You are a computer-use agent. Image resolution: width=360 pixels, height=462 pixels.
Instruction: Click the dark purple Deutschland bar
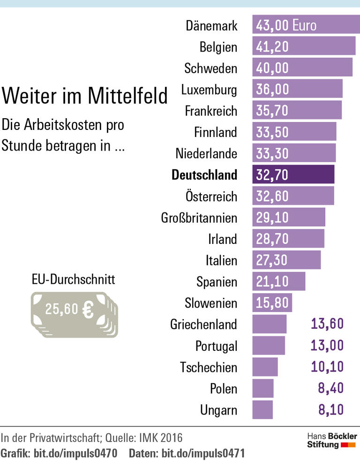coord(293,174)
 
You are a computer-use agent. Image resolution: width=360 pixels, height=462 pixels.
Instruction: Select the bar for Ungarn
coord(262,410)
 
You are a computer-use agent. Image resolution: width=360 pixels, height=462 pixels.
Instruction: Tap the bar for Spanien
coord(279,281)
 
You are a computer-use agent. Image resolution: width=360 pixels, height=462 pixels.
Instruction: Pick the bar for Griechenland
coord(270,324)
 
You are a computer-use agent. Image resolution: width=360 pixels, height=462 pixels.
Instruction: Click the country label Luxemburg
coord(209,89)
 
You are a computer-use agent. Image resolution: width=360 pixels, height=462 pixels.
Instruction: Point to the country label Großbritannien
coord(199,218)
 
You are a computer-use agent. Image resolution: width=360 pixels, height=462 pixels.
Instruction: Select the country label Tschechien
coord(209,367)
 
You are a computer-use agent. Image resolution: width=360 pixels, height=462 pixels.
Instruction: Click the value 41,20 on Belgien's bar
coord(272,46)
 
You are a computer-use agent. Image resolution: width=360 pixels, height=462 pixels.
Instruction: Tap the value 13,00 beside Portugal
coord(327,346)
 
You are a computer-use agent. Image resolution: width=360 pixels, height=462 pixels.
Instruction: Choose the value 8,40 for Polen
coord(331,388)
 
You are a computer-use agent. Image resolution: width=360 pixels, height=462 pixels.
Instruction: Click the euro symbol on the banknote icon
coord(88,309)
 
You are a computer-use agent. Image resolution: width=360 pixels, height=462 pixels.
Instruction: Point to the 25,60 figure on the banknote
coord(61,309)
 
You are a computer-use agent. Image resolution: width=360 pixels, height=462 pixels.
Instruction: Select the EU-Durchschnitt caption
coord(73,280)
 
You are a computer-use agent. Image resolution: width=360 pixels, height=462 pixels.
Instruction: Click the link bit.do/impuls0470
coord(75,454)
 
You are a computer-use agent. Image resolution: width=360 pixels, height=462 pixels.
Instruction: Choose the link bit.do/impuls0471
coord(202,454)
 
